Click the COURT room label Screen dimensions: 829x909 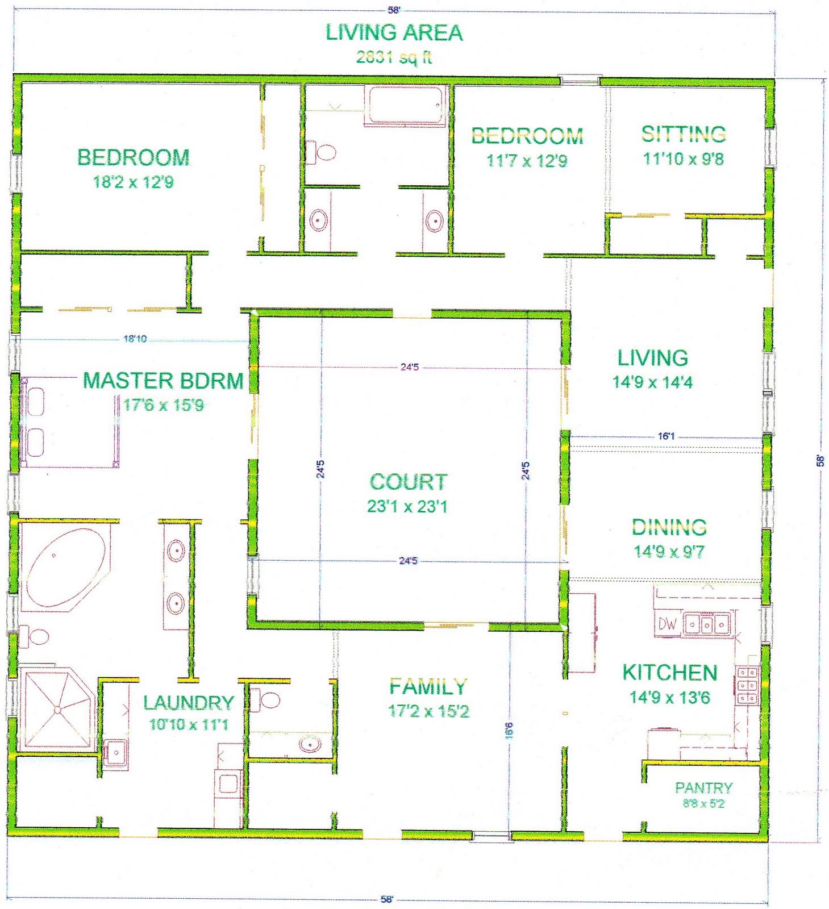(x=409, y=482)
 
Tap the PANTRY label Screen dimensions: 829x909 (x=703, y=787)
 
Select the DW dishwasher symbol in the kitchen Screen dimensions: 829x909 (x=667, y=624)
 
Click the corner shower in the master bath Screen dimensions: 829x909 (x=59, y=710)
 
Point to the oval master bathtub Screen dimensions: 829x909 (x=66, y=568)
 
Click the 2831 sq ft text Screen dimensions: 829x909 (x=394, y=57)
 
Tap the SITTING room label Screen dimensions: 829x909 (x=684, y=134)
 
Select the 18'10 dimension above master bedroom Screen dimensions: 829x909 (x=135, y=339)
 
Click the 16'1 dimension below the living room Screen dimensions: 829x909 (x=666, y=436)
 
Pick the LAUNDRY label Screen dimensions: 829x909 (x=189, y=703)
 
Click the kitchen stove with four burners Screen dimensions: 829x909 (x=747, y=685)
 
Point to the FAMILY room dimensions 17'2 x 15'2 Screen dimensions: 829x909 (x=428, y=711)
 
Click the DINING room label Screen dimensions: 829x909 (x=669, y=527)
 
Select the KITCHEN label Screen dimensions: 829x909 (x=670, y=673)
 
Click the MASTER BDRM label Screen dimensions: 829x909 (x=164, y=381)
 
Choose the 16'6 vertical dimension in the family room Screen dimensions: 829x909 (x=509, y=730)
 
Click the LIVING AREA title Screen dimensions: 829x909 (x=394, y=32)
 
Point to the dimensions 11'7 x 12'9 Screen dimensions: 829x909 (x=527, y=161)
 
